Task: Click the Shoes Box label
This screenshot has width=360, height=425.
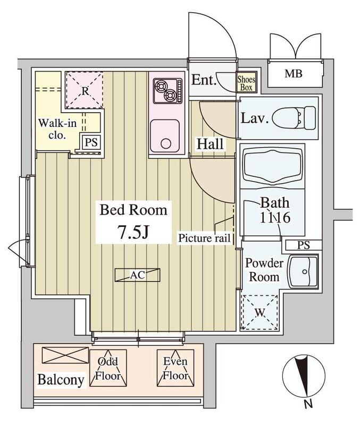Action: [246, 83]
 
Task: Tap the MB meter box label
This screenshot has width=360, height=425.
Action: [294, 73]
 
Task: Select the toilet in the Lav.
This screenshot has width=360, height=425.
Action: [294, 118]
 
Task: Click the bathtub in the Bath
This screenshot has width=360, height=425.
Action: [272, 166]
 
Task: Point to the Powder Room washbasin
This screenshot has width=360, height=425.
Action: [303, 271]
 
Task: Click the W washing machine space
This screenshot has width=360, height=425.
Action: [259, 312]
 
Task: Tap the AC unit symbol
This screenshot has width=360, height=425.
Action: [137, 275]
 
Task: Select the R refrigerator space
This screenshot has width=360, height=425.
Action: [85, 90]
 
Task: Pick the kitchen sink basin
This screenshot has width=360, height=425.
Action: [165, 136]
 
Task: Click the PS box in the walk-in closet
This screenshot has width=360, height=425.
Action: [91, 142]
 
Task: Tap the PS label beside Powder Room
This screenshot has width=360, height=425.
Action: [304, 245]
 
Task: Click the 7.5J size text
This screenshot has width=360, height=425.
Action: [133, 232]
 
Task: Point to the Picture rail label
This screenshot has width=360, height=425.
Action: [204, 238]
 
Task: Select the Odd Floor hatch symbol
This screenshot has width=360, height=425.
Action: [108, 368]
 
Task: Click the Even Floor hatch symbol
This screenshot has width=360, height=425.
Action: [175, 368]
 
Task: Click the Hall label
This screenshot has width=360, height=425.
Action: [210, 144]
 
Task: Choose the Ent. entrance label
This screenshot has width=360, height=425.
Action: [204, 80]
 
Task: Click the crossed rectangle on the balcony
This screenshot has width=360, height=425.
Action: [65, 355]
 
